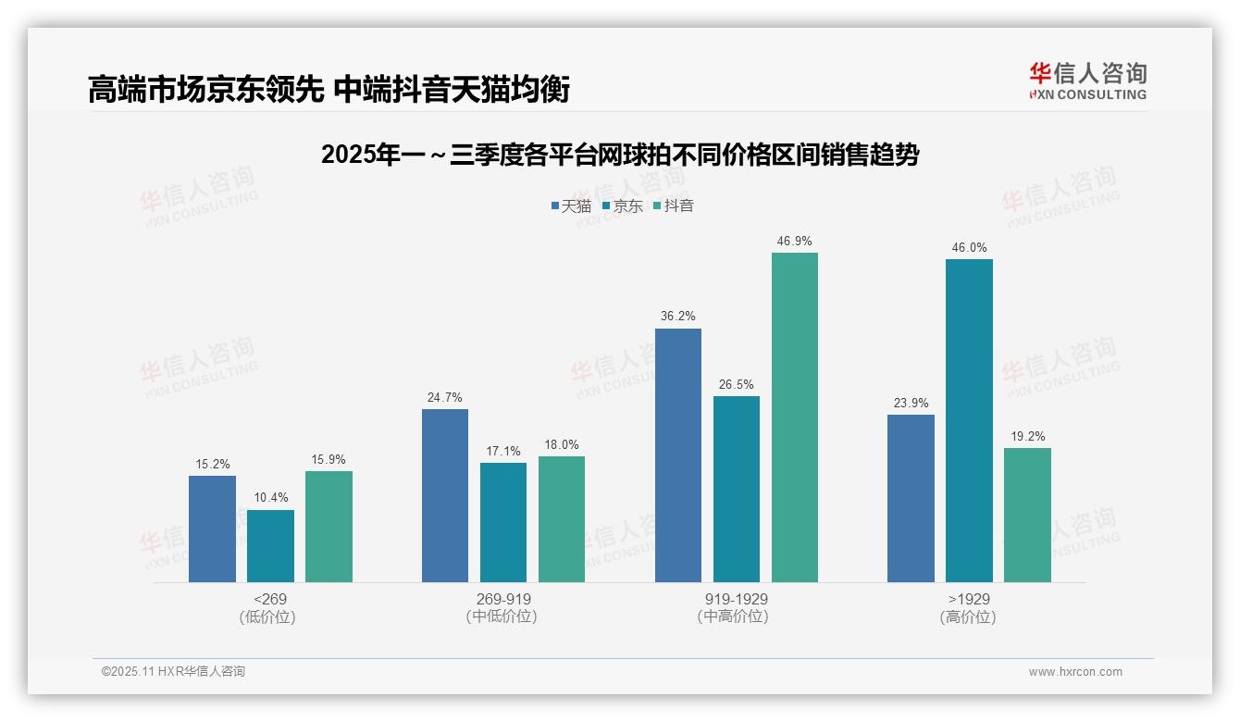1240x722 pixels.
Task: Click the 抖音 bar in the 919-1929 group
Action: click(794, 417)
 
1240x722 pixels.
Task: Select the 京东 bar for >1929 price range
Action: click(969, 420)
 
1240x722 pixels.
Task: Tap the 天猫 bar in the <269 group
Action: click(212, 529)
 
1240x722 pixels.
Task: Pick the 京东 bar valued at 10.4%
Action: click(270, 546)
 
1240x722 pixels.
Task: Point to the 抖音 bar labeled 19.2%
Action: click(1027, 515)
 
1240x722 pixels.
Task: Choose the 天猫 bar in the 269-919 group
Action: click(445, 495)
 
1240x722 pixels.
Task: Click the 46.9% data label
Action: click(794, 242)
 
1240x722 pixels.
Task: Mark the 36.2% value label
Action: click(677, 317)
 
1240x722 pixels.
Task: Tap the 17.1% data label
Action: click(503, 452)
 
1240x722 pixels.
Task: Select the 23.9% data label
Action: click(911, 404)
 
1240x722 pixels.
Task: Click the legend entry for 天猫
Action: click(571, 206)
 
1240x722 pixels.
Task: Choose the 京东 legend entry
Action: click(622, 206)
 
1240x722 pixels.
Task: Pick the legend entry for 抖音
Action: click(674, 206)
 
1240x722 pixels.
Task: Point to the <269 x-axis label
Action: click(269, 600)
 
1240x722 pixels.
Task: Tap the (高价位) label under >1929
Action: click(968, 617)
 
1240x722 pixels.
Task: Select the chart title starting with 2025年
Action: click(619, 156)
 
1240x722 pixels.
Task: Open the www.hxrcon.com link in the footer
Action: click(1075, 672)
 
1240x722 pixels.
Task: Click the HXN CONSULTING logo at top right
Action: click(1087, 81)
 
